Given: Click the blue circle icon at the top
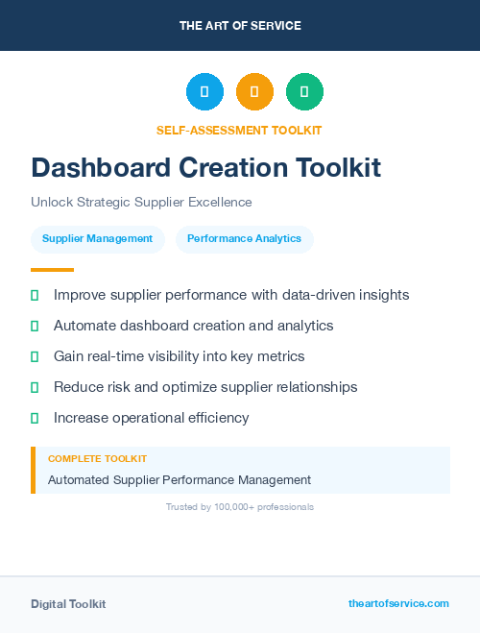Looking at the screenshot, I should point(204,91).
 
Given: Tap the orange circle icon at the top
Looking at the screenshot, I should point(254,91).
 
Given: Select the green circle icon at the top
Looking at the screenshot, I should point(304,91).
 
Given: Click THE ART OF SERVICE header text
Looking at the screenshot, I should point(240,26).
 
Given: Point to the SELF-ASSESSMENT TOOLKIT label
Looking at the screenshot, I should point(240,130).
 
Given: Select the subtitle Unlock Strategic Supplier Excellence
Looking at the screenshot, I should point(141,203).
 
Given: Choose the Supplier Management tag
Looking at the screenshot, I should point(98,238).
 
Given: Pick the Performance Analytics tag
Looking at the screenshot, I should point(244,238).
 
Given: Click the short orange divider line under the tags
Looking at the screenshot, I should point(52,270).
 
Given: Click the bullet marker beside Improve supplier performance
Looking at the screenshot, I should point(35,295).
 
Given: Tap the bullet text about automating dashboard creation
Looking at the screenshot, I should point(193,326).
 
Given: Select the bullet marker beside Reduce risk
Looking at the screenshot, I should point(35,387).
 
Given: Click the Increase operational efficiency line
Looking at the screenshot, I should point(151,418).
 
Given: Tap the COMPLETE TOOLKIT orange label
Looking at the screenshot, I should point(97,459).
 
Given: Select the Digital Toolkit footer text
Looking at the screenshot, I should point(68,604).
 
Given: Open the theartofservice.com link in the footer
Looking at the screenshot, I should point(398,603).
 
